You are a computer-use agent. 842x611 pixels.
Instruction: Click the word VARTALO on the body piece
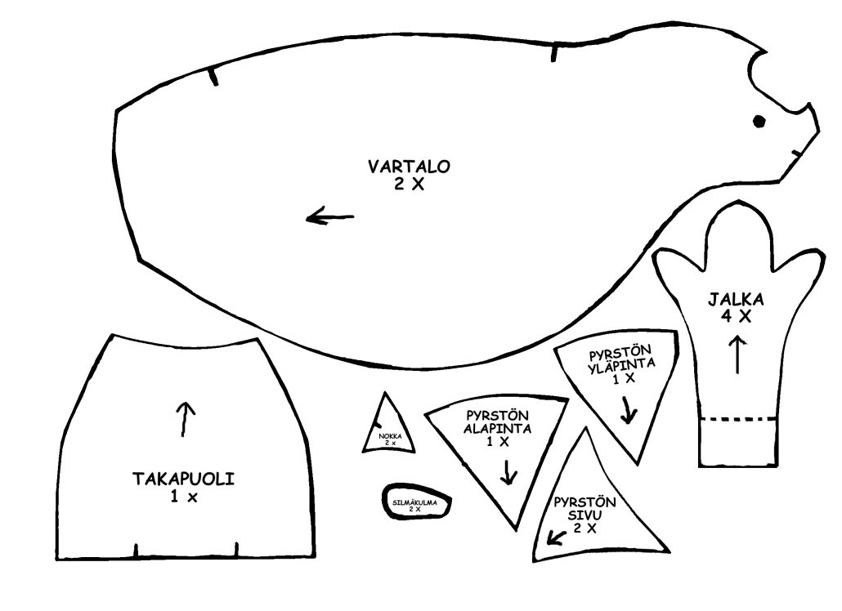tap(409, 167)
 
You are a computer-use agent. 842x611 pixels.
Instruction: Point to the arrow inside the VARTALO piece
tap(330, 217)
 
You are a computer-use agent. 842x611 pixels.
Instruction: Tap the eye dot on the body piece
tap(759, 122)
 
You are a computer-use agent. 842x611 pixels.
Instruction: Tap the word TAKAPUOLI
tap(184, 479)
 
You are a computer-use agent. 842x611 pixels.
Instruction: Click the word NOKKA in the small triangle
tap(390, 436)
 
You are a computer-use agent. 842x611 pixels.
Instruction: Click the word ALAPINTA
tap(499, 427)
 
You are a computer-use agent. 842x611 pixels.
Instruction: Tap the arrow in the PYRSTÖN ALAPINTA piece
tap(509, 472)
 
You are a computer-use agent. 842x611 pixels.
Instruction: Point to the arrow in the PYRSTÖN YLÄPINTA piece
tap(628, 411)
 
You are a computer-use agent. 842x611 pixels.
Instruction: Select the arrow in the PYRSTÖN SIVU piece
tap(559, 537)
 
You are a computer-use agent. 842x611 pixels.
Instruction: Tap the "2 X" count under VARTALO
tap(409, 185)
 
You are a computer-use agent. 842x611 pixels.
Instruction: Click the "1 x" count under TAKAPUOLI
tap(184, 496)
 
